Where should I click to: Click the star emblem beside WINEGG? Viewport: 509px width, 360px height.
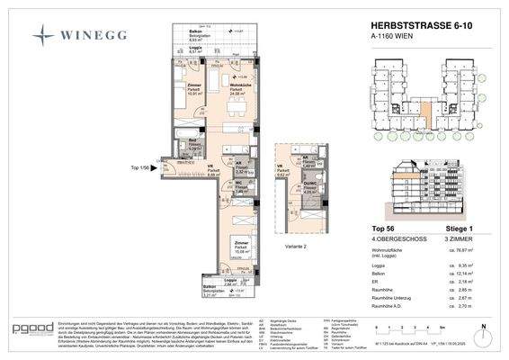(x=45, y=35)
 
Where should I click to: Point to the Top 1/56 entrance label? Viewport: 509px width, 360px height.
(x=140, y=167)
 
